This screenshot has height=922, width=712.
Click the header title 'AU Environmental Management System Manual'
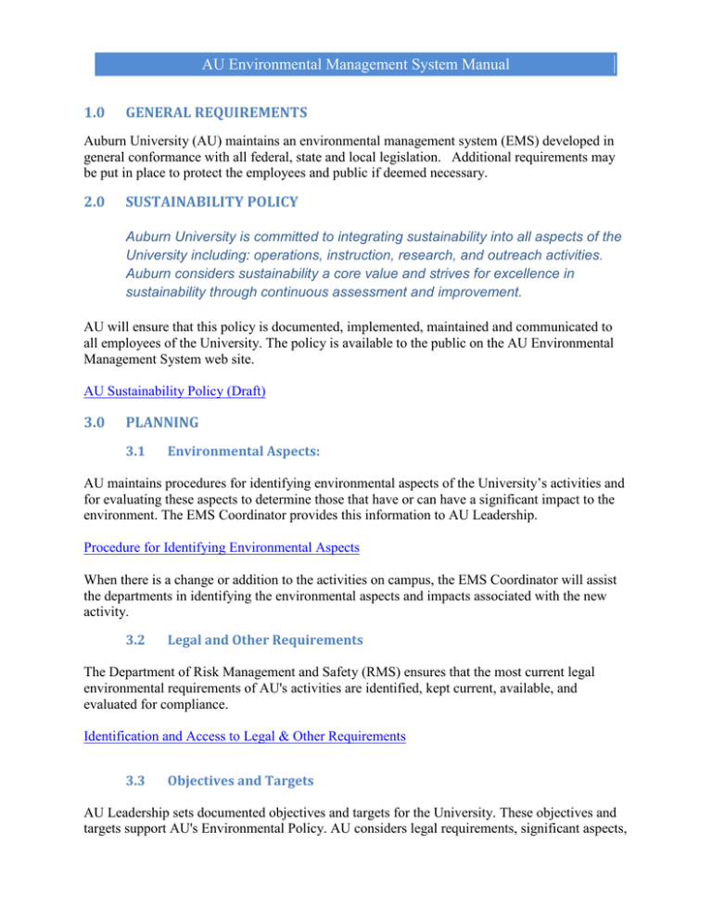point(356,65)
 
